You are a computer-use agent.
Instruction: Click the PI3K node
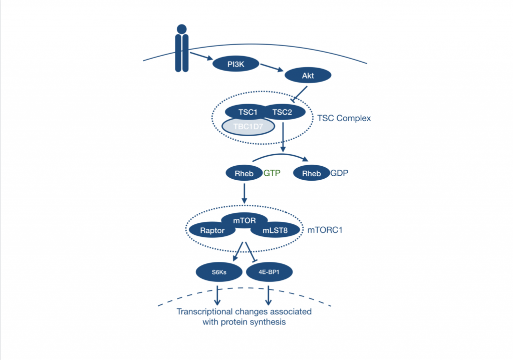point(235,64)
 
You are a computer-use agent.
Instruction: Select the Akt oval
point(308,76)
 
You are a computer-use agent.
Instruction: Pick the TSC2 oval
point(283,112)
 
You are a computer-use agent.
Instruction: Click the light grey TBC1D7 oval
point(248,126)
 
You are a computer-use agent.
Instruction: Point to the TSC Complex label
point(344,119)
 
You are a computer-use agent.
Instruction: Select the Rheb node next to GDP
point(311,174)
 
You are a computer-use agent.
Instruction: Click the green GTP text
point(272,174)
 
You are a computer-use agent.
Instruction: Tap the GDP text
point(339,174)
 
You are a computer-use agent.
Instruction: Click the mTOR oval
point(245,218)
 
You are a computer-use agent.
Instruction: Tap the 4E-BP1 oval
point(270,272)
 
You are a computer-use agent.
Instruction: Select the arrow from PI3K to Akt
point(272,69)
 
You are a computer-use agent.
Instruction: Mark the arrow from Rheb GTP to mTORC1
point(244,193)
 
